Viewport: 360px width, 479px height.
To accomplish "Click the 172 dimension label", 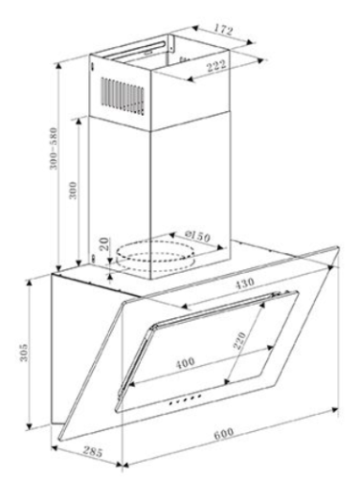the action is coord(222,30).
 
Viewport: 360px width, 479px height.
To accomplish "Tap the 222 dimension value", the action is coord(216,66).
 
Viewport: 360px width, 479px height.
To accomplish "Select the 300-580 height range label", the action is coord(54,148).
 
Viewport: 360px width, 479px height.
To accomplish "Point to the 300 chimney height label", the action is coord(74,191).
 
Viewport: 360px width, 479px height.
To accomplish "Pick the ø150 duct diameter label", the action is coord(198,236).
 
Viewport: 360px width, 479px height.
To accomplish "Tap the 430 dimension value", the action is coord(245,284).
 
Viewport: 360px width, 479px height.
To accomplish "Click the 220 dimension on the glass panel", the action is coord(239,341).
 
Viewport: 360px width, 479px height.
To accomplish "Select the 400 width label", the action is coord(185,363).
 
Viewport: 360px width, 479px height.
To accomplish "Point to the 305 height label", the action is coord(24,353).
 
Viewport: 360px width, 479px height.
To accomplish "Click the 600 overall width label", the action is coord(223,433).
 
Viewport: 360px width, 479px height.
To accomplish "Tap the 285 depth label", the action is coord(93,451).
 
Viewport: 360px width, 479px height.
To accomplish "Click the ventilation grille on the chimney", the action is coord(123,96).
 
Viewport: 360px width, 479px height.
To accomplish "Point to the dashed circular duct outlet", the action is coord(155,256).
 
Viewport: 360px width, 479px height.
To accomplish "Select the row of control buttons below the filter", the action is coord(185,399).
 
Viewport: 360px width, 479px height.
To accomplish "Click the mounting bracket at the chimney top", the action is coord(171,43).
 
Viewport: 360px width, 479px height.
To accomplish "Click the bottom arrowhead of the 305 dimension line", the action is coord(29,425).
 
